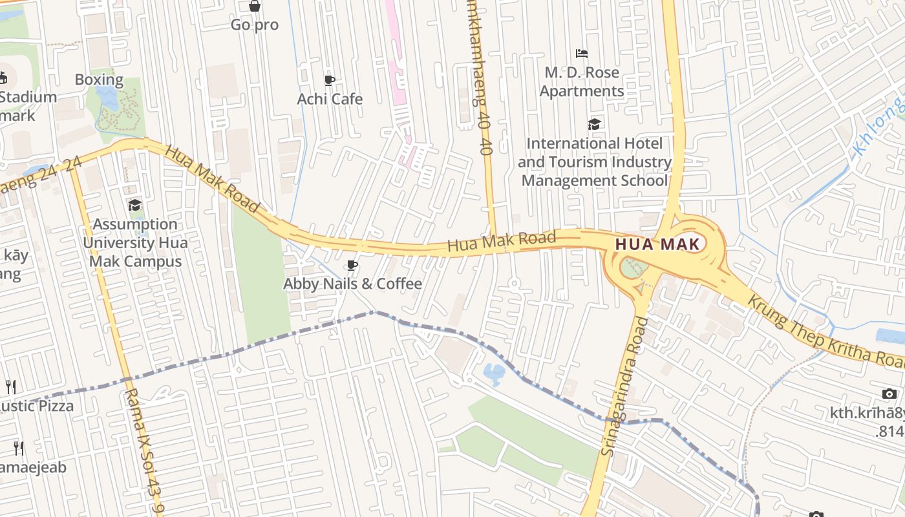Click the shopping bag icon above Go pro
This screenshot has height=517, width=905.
click(x=255, y=6)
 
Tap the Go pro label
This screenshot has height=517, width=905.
click(x=255, y=25)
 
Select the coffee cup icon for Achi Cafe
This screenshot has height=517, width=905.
click(x=330, y=81)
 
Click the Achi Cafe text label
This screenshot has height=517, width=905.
click(x=330, y=99)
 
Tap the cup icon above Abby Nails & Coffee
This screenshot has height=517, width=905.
click(x=352, y=266)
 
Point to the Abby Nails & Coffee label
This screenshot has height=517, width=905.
click(x=352, y=284)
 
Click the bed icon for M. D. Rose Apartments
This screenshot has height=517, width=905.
click(x=582, y=54)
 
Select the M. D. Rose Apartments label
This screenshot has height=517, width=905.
click(x=582, y=81)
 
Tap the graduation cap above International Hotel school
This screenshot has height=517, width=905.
click(x=594, y=124)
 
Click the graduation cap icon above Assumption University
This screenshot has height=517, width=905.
click(x=134, y=206)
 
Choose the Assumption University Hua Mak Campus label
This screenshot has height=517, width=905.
click(x=135, y=243)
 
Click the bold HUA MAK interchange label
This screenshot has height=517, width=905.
click(x=658, y=244)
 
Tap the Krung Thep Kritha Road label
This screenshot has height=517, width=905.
click(x=824, y=332)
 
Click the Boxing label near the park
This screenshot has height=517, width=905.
click(x=99, y=80)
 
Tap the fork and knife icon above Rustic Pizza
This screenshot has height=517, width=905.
click(x=10, y=387)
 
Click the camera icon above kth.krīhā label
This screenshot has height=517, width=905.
click(x=889, y=394)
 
